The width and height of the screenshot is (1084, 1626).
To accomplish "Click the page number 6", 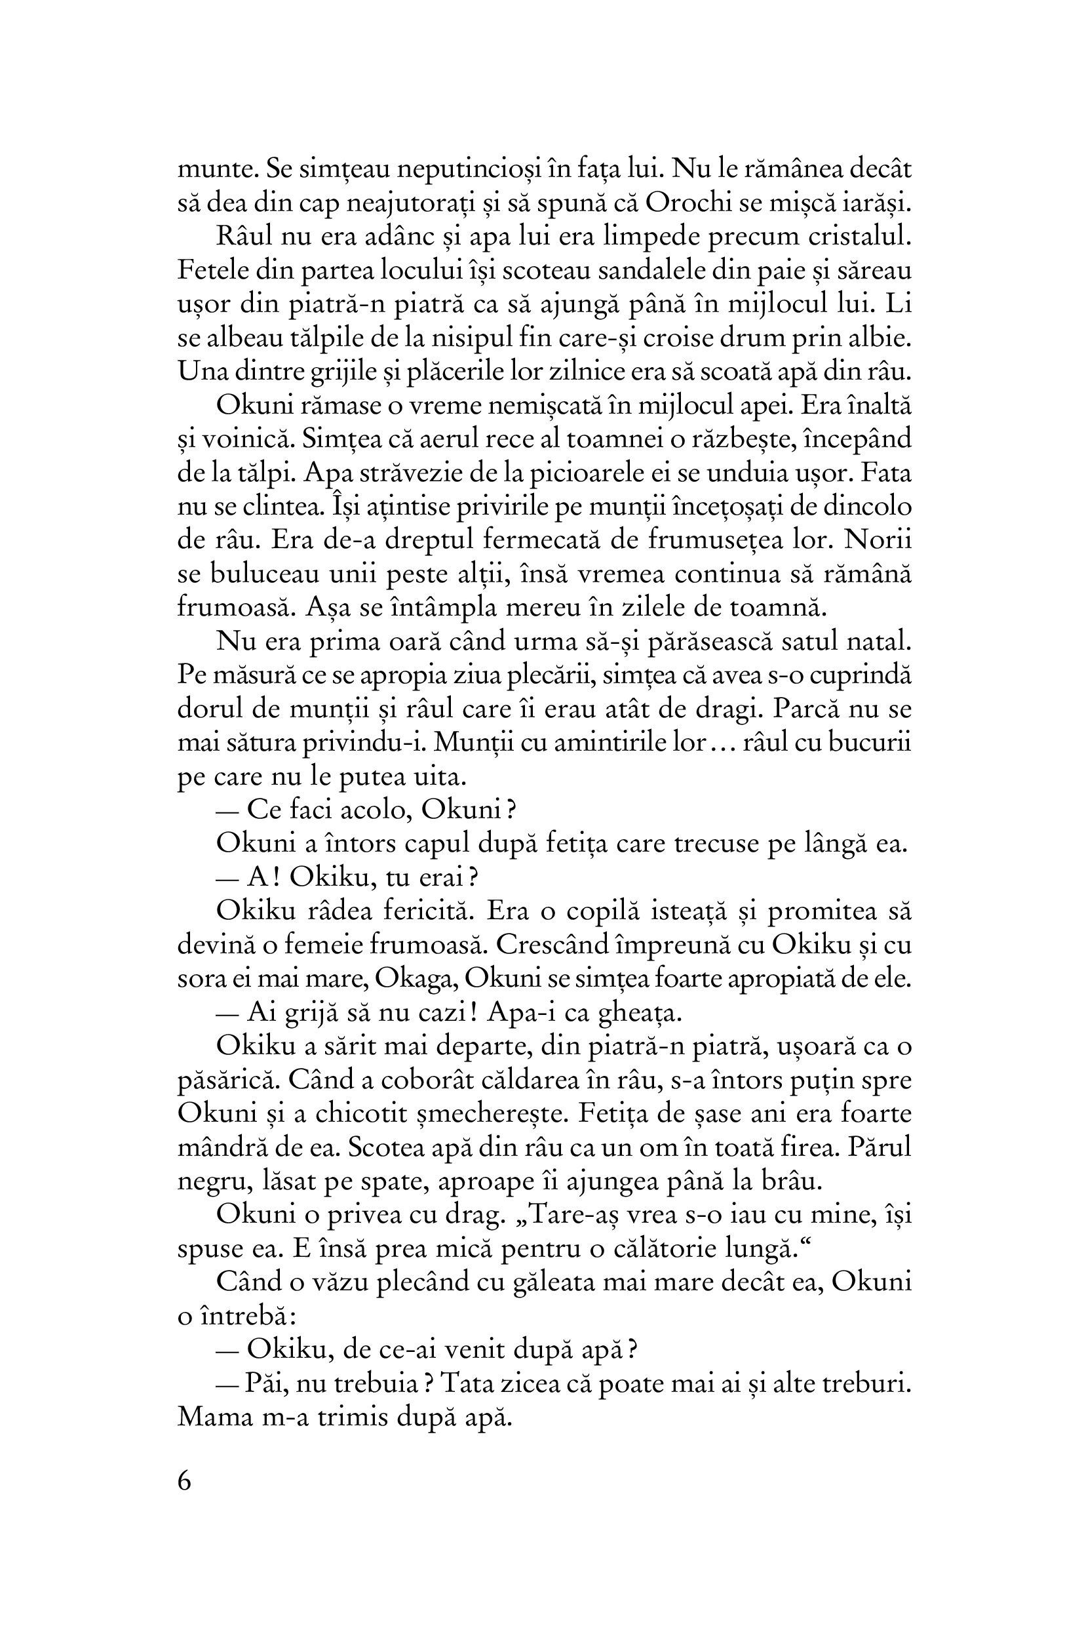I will point(185,1482).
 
